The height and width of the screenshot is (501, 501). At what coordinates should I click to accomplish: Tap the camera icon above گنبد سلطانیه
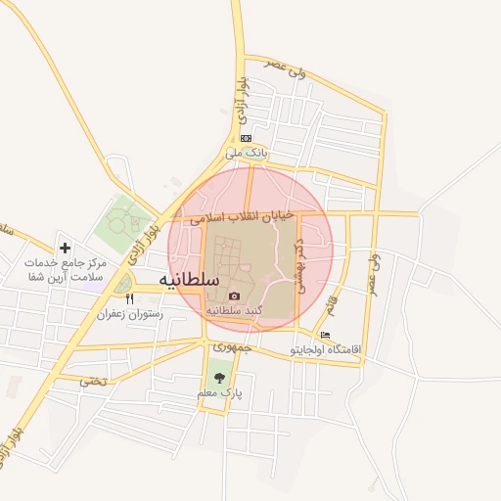pyautogui.click(x=234, y=296)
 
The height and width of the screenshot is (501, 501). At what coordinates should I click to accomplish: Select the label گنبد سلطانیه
pyautogui.click(x=235, y=310)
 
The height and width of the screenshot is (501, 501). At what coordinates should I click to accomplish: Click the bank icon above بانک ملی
pyautogui.click(x=246, y=138)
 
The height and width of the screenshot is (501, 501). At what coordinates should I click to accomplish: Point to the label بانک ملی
pyautogui.click(x=246, y=153)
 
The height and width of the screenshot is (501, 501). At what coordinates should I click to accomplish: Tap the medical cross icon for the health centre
pyautogui.click(x=65, y=249)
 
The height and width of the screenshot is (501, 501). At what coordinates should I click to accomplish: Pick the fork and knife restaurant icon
pyautogui.click(x=129, y=299)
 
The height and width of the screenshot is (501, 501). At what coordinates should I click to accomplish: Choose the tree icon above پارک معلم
pyautogui.click(x=217, y=378)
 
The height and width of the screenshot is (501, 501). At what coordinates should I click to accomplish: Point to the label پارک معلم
pyautogui.click(x=217, y=392)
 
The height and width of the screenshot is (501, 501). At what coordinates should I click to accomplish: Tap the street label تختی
pyautogui.click(x=95, y=381)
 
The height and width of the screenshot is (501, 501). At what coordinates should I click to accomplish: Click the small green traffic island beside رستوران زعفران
pyautogui.click(x=124, y=284)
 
